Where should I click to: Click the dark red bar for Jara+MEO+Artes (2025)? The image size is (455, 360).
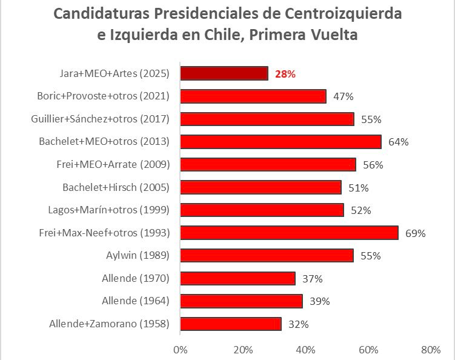coord(224,73)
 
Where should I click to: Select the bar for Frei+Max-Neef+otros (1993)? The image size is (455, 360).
coord(289,233)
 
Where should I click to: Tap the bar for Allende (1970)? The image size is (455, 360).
coord(237,278)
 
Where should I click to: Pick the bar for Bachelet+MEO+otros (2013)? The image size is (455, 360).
coord(281,142)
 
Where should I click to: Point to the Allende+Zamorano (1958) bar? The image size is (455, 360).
coord(231,324)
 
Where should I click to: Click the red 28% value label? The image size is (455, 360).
coord(285,74)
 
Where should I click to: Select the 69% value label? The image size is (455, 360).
coord(416,233)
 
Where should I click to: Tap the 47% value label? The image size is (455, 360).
coord(344,96)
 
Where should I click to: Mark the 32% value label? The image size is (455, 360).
coord(299,324)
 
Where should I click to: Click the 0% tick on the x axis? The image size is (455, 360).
coord(180,350)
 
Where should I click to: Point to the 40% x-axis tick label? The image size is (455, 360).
coord(305,350)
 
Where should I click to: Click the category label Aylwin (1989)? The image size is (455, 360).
coord(138,256)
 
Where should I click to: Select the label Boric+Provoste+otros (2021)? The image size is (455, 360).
coord(103,96)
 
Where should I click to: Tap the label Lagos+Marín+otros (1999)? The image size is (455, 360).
coord(108,210)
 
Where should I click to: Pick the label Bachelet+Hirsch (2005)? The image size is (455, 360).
coord(116,187)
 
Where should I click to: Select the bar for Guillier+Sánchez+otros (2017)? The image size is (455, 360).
coord(267,119)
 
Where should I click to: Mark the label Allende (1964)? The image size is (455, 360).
coord(136,301)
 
